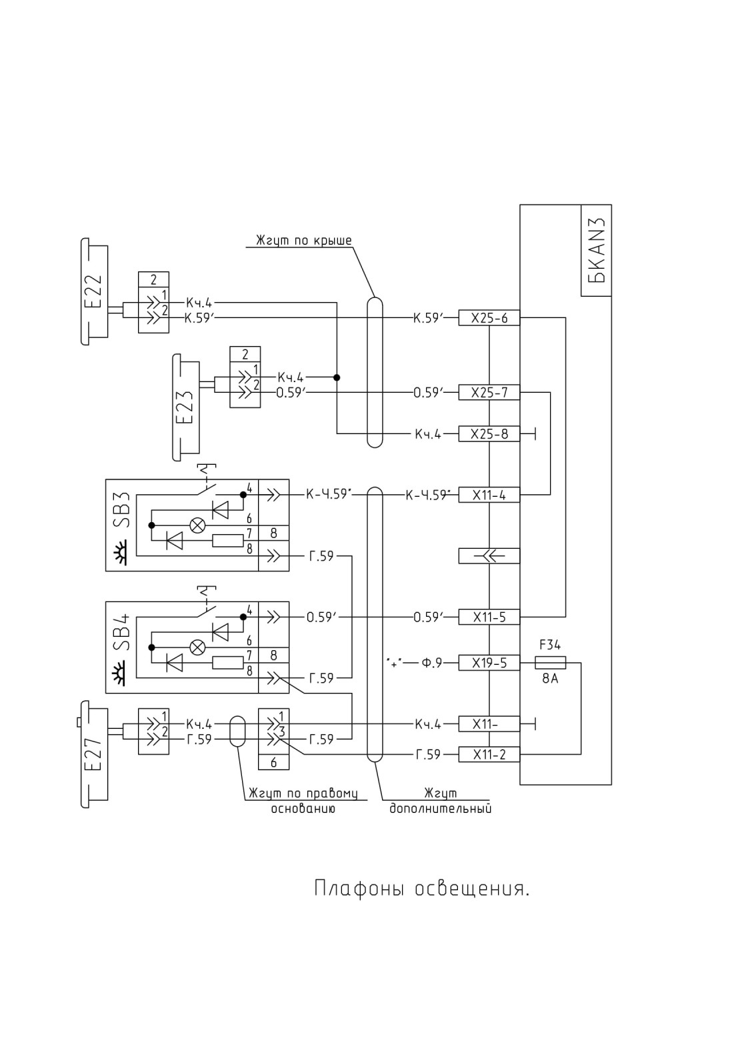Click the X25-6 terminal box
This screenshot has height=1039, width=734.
point(489,317)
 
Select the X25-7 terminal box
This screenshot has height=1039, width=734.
point(489,392)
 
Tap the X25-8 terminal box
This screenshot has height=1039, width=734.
point(489,433)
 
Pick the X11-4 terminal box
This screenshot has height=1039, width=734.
point(489,495)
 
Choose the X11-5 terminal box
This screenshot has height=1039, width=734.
point(489,617)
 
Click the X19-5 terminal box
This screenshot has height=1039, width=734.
point(489,663)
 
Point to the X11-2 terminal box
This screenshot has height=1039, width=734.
point(489,755)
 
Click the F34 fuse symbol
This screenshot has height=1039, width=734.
point(551,663)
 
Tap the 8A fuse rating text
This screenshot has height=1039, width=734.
point(550,679)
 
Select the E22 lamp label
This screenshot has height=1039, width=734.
point(94,290)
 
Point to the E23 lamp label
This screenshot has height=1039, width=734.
point(185,407)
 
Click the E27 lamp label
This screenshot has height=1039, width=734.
point(94,754)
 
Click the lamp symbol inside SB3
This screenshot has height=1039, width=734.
point(197,526)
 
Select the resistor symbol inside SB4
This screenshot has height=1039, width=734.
point(227,663)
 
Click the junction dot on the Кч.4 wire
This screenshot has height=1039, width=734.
point(337,377)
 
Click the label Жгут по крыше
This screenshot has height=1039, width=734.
point(304,241)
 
